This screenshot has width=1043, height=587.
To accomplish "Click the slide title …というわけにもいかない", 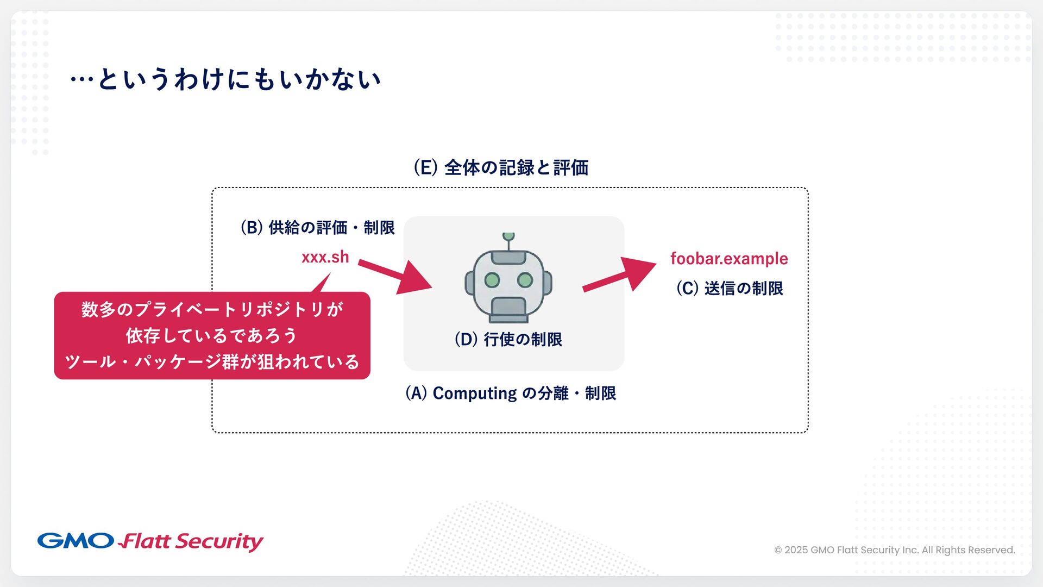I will (x=225, y=79).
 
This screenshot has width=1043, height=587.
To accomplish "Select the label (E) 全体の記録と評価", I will (x=501, y=167).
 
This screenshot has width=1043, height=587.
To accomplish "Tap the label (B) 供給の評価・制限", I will (x=318, y=227).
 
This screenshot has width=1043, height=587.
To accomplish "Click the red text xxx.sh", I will (x=325, y=257).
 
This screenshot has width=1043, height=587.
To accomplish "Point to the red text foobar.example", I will (x=729, y=259).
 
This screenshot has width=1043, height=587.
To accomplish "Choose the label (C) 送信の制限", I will (x=730, y=288).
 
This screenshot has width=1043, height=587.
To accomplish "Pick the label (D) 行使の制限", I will (x=508, y=339).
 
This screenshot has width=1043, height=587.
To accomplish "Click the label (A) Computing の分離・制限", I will (x=511, y=393).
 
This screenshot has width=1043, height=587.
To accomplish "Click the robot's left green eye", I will (x=492, y=280).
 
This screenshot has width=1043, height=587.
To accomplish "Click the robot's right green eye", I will (x=525, y=280).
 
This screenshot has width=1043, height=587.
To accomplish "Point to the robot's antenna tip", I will (x=508, y=236).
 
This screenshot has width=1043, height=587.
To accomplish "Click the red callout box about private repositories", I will (x=212, y=335).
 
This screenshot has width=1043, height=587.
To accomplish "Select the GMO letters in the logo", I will (x=75, y=541).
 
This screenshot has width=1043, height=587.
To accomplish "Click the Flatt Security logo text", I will (x=191, y=541).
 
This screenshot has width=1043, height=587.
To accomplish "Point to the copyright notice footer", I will (x=894, y=550).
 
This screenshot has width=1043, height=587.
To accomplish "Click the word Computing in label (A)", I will (x=474, y=393).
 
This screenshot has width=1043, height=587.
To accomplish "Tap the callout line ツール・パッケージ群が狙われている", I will (x=212, y=362).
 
